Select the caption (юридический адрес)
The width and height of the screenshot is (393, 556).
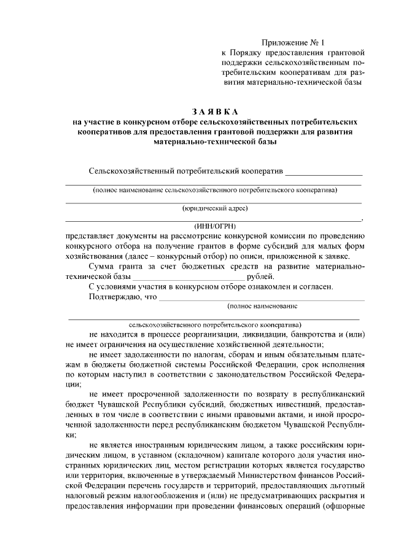pyautogui.click(x=214, y=208)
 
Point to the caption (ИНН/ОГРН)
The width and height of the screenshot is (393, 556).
pyautogui.click(x=214, y=225)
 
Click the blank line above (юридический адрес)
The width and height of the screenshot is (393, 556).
pyautogui.click(x=214, y=202)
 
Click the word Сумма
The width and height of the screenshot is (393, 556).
pyautogui.click(x=102, y=265)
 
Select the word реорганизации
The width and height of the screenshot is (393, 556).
pyautogui.click(x=209, y=334)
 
